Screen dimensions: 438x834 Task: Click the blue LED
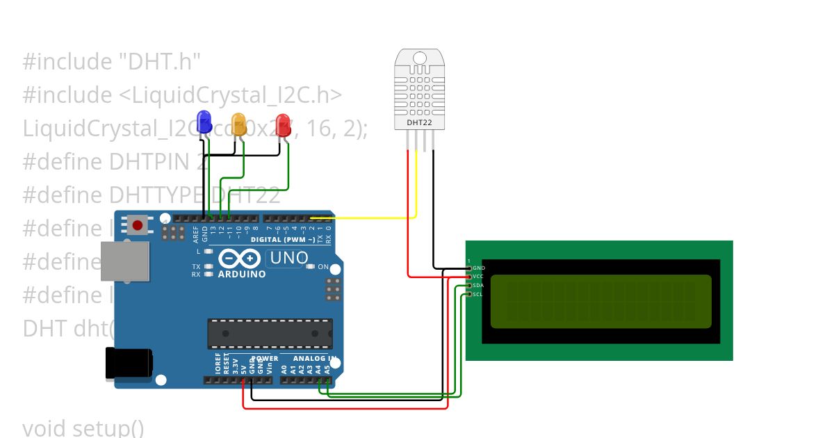pos(204,122)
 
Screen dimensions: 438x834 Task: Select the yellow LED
pos(238,124)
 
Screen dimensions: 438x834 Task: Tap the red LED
pos(283,125)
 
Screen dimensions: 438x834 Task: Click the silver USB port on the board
pos(126,261)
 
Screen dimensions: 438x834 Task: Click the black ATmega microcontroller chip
pos(270,333)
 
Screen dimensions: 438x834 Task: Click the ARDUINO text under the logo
pos(242,274)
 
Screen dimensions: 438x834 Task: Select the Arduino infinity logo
pos(240,259)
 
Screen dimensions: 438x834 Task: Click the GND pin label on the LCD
pos(479,268)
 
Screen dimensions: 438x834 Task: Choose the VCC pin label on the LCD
pos(478,277)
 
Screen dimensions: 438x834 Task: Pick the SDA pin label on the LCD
pos(478,286)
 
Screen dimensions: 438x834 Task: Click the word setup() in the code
pos(108,428)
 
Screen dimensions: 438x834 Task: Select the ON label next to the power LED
pos(322,267)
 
